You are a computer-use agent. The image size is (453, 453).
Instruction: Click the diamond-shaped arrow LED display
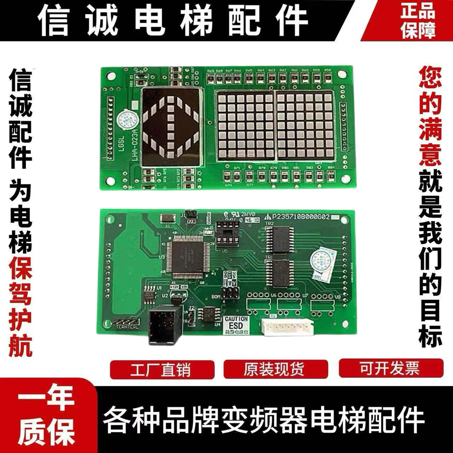pos(171,126)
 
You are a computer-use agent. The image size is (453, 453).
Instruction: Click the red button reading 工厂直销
pos(162,370)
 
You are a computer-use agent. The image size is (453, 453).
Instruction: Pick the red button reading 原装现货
pos(275,370)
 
